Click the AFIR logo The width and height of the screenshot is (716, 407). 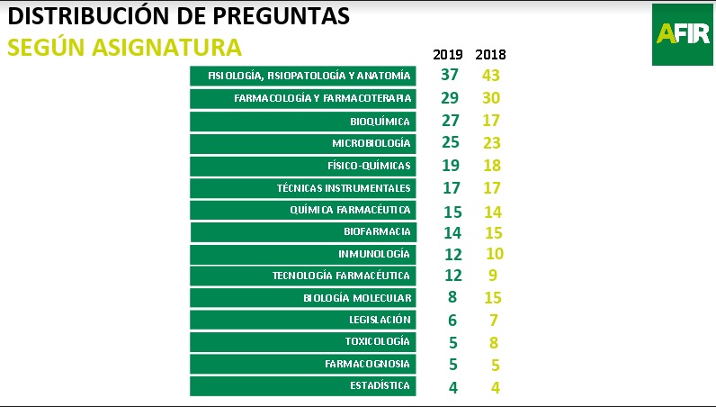point(683,33)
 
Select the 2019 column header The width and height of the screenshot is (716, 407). point(448,55)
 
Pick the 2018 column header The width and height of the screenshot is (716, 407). point(490,55)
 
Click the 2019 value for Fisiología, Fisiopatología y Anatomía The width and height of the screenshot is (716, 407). point(451,75)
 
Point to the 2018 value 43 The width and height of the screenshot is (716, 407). point(490,75)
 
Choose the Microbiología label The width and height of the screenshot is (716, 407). point(371,143)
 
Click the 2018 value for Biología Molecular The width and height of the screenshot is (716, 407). point(491,297)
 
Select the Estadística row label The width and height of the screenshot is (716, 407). point(380,385)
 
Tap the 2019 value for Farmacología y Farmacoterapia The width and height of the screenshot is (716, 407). point(451,97)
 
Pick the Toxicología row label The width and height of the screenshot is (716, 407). point(378,341)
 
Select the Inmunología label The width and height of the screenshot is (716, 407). point(374,254)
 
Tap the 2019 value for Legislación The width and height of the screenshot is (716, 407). point(452,320)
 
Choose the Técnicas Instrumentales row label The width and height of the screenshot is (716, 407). point(344,188)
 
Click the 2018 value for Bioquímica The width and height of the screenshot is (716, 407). point(490,121)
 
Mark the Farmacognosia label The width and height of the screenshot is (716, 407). point(367,364)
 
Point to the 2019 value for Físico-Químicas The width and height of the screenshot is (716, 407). point(451,165)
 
